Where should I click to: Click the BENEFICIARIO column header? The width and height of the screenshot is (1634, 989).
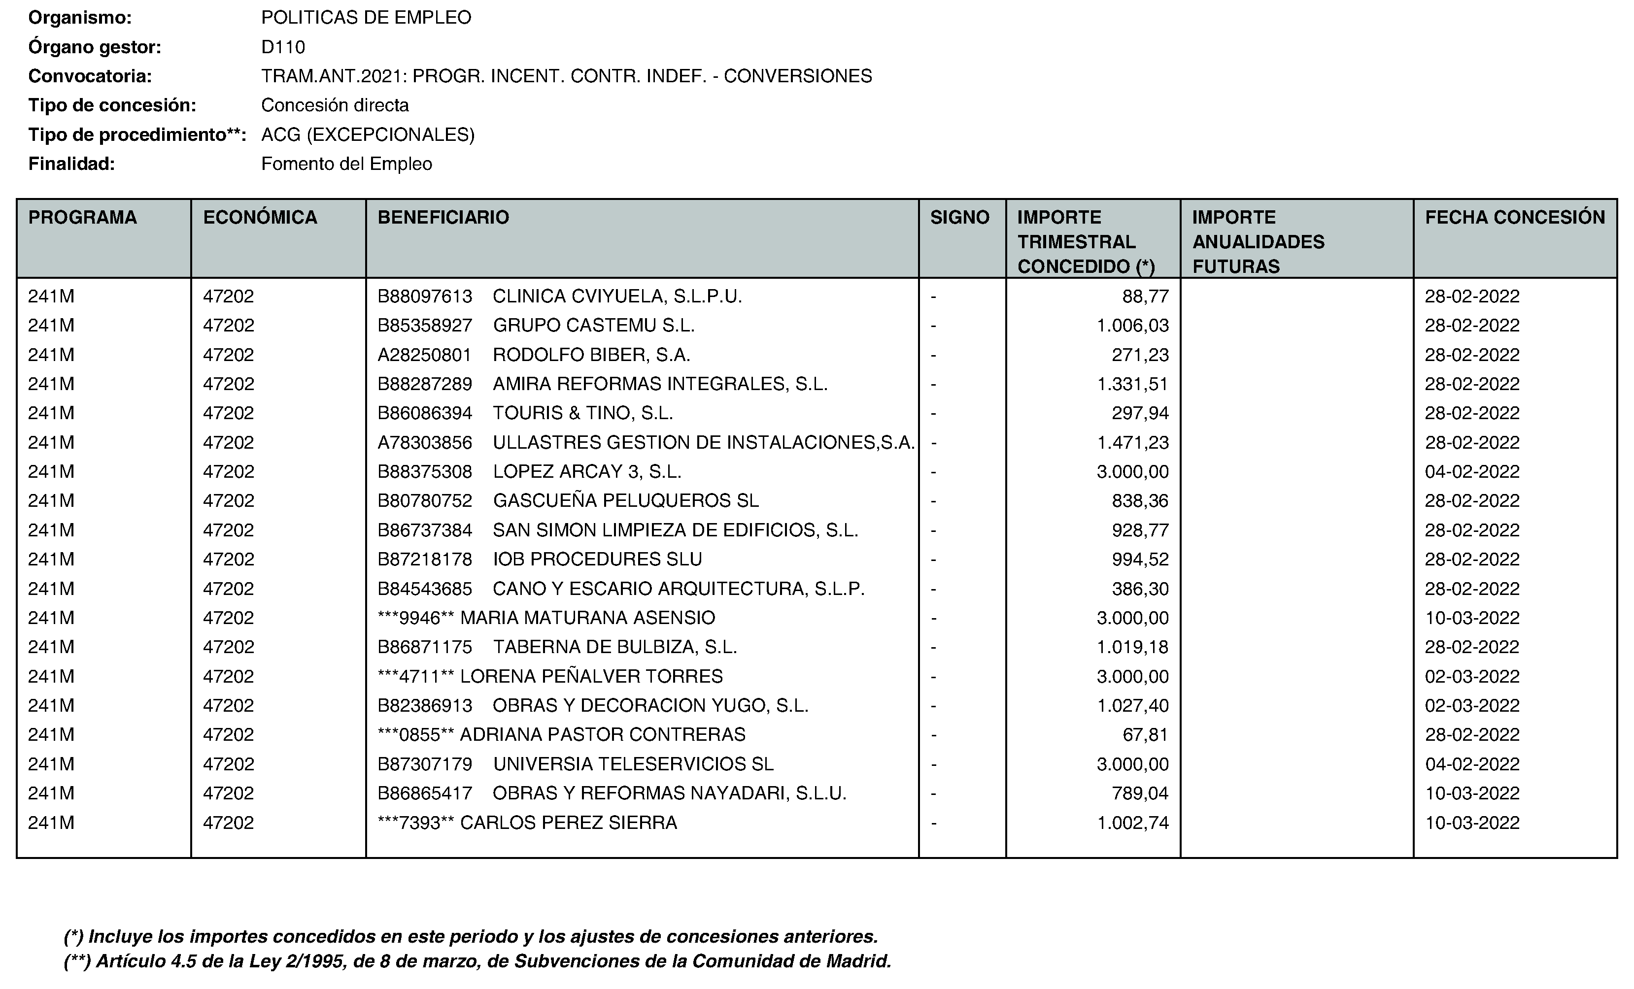(x=443, y=217)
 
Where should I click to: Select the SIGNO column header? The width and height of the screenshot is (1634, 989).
(x=959, y=217)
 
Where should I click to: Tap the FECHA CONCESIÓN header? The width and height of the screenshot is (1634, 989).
(x=1515, y=217)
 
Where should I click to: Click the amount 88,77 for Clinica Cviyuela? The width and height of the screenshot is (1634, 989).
(x=1145, y=297)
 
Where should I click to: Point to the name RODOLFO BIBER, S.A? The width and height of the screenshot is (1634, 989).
(x=591, y=355)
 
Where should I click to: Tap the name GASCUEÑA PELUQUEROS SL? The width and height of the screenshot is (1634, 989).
(x=625, y=500)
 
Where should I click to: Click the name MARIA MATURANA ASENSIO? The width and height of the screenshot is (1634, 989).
(x=587, y=618)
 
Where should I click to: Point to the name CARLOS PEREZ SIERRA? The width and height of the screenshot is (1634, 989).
(x=568, y=823)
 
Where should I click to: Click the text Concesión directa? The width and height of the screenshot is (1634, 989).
(x=335, y=105)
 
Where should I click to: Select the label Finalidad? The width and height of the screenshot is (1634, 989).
(x=71, y=164)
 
